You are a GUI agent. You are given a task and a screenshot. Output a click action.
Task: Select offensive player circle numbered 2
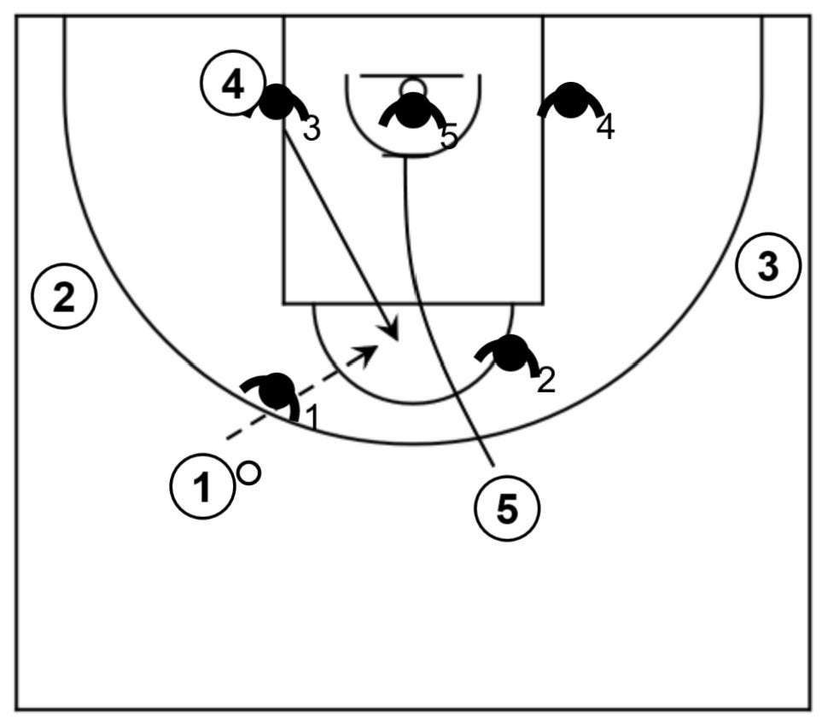point(64,297)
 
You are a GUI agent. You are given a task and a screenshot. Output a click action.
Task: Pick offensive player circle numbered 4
point(232,84)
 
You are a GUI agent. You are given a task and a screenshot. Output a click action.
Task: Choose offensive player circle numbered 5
point(507,509)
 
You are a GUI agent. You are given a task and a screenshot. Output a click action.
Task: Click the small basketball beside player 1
point(249,473)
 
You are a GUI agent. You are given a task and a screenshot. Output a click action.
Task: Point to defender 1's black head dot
point(275,391)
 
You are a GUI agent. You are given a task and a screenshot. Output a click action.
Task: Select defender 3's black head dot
point(275,102)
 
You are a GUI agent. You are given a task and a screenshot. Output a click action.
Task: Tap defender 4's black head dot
point(569,100)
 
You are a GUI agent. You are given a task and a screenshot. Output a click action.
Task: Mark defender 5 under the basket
point(414,111)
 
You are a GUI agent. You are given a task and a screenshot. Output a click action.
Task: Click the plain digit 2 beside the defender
point(546,381)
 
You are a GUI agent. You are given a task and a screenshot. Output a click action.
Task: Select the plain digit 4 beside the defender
point(605,128)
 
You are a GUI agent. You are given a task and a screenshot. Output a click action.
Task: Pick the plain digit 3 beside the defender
point(312,130)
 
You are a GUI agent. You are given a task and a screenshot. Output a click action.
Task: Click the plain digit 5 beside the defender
point(450,136)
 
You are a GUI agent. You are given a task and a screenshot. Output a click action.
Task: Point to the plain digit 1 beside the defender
point(312,418)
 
